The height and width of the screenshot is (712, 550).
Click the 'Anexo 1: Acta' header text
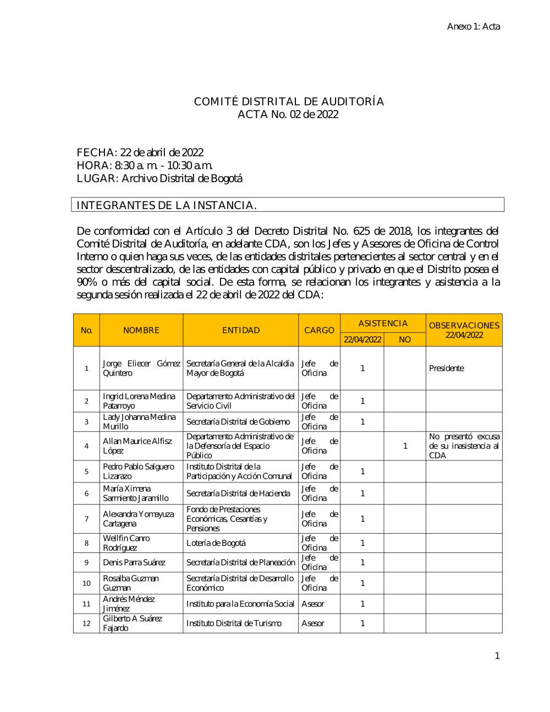(x=473, y=26)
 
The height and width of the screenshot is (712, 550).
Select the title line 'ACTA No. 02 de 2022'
(x=288, y=114)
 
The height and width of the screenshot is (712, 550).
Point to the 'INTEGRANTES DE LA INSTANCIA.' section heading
(x=167, y=205)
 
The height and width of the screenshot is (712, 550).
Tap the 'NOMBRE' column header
(x=141, y=330)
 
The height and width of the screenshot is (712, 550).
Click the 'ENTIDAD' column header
(x=241, y=330)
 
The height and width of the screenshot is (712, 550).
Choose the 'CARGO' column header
(x=319, y=330)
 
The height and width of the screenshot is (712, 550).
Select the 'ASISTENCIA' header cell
(x=383, y=324)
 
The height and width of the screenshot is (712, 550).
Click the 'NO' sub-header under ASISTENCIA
(x=405, y=339)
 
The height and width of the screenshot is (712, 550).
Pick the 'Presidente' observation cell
(x=447, y=368)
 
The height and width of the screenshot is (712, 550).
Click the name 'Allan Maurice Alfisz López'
(x=137, y=446)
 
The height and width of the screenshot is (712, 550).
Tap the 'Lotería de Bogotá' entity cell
(x=216, y=543)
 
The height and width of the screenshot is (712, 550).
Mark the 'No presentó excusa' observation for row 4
(x=464, y=446)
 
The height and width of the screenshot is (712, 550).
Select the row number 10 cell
(x=86, y=583)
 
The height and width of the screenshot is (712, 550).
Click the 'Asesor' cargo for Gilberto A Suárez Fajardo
(x=313, y=623)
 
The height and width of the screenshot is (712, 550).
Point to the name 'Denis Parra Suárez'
(x=134, y=562)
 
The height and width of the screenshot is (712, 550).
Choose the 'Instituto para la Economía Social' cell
(x=240, y=604)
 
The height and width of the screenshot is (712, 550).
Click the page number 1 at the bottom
(x=497, y=656)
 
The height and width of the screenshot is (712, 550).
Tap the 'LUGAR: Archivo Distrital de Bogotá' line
(x=159, y=178)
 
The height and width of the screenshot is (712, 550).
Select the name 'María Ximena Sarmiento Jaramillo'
(x=136, y=494)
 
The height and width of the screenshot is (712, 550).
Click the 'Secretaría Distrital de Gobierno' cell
(x=238, y=422)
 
